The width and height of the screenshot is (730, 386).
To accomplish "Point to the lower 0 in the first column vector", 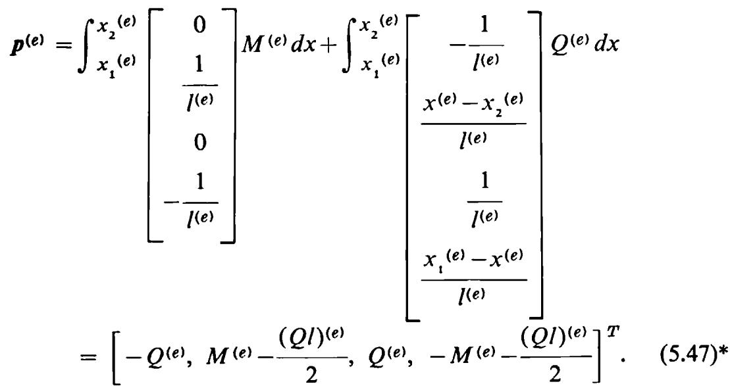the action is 199,142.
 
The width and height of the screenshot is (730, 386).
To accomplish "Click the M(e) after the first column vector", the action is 262,45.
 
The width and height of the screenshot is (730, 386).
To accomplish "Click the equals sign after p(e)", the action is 65,46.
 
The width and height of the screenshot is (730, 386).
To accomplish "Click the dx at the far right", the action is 607,45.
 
